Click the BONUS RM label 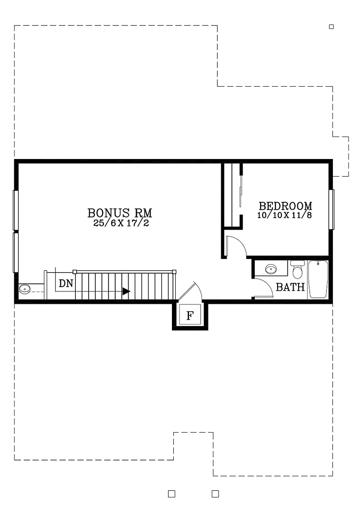click(119, 213)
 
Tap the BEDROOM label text click(286, 206)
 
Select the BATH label click(290, 287)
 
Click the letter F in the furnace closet click(190, 315)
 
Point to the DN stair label click(66, 284)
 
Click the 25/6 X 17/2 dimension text click(121, 223)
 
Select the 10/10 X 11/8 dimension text click(285, 215)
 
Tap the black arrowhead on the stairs click(126, 292)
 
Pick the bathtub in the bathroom click(318, 279)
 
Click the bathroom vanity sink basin click(270, 268)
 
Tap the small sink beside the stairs click(25, 289)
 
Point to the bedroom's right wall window click(331, 209)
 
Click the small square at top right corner click(331, 27)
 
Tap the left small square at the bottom click(172, 494)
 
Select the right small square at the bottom click(216, 494)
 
